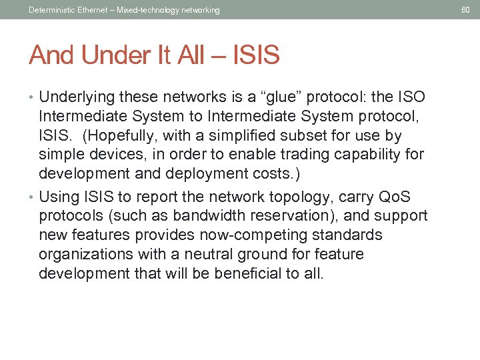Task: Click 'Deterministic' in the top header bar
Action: click(51, 10)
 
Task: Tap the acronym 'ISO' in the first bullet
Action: click(408, 98)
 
